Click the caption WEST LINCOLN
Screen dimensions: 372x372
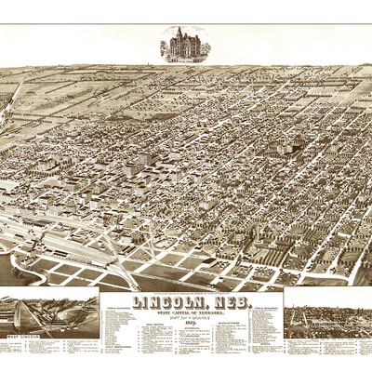[x=26, y=332]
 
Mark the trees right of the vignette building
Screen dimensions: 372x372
[x=204, y=51]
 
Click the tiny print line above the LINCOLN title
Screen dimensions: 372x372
[x=190, y=291]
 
